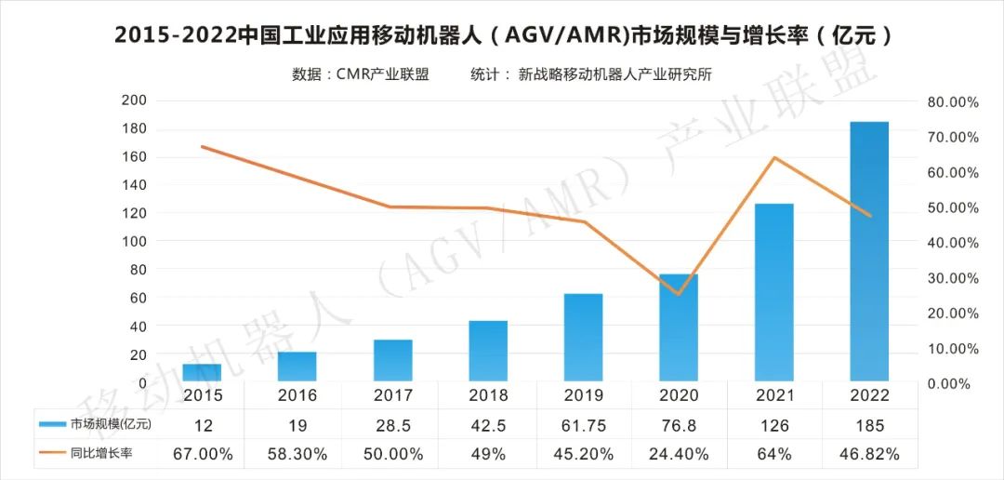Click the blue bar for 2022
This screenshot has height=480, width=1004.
tap(869, 251)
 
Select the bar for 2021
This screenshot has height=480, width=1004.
tap(773, 293)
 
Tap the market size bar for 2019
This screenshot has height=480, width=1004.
tap(583, 338)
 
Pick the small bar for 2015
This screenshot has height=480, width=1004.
tap(202, 372)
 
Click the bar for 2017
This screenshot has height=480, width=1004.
tap(392, 361)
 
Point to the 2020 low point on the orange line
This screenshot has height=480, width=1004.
tap(679, 294)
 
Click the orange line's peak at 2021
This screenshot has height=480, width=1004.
tap(773, 157)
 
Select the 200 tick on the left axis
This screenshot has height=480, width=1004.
tap(134, 100)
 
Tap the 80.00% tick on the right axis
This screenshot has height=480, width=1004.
tap(952, 101)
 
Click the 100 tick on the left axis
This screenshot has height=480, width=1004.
tap(134, 242)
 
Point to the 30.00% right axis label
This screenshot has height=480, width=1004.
tap(952, 278)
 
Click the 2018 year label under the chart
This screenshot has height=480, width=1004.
tap(488, 395)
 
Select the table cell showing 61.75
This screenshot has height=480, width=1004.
tap(583, 425)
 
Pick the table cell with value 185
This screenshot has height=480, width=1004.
tap(869, 425)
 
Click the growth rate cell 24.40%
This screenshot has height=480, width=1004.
tap(679, 454)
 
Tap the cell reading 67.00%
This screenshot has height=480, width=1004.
tap(202, 454)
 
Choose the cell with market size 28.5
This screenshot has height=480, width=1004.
tap(392, 425)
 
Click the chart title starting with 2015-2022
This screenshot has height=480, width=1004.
tap(502, 35)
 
